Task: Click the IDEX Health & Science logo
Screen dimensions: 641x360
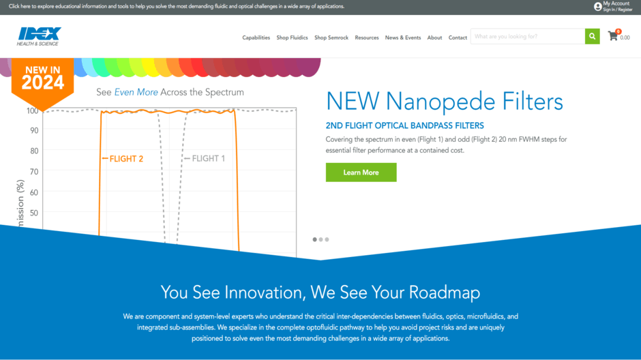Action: pyautogui.click(x=39, y=36)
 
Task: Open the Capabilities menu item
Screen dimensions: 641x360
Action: pyautogui.click(x=256, y=37)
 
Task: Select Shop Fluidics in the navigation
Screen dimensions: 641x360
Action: pyautogui.click(x=292, y=37)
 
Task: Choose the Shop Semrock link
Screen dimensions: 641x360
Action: pyautogui.click(x=331, y=37)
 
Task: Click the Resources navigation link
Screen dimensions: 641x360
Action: pyautogui.click(x=367, y=37)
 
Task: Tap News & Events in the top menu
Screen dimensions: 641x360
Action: pyautogui.click(x=402, y=37)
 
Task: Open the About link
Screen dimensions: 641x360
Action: pyautogui.click(x=434, y=37)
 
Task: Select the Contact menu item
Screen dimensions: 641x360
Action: pyautogui.click(x=458, y=37)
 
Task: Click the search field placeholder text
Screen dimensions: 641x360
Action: pyautogui.click(x=506, y=36)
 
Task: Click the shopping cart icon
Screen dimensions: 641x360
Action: pyautogui.click(x=612, y=36)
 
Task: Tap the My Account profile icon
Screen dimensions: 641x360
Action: pyautogui.click(x=597, y=7)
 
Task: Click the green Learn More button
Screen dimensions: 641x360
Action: pyautogui.click(x=361, y=172)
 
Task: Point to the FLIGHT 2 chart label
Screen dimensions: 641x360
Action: pyautogui.click(x=123, y=159)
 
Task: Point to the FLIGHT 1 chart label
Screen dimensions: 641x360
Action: pyautogui.click(x=205, y=159)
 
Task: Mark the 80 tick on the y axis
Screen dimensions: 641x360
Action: pyautogui.click(x=34, y=151)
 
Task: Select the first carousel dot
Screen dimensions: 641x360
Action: pyautogui.click(x=315, y=239)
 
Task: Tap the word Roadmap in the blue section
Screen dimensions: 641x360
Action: pyautogui.click(x=445, y=292)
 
